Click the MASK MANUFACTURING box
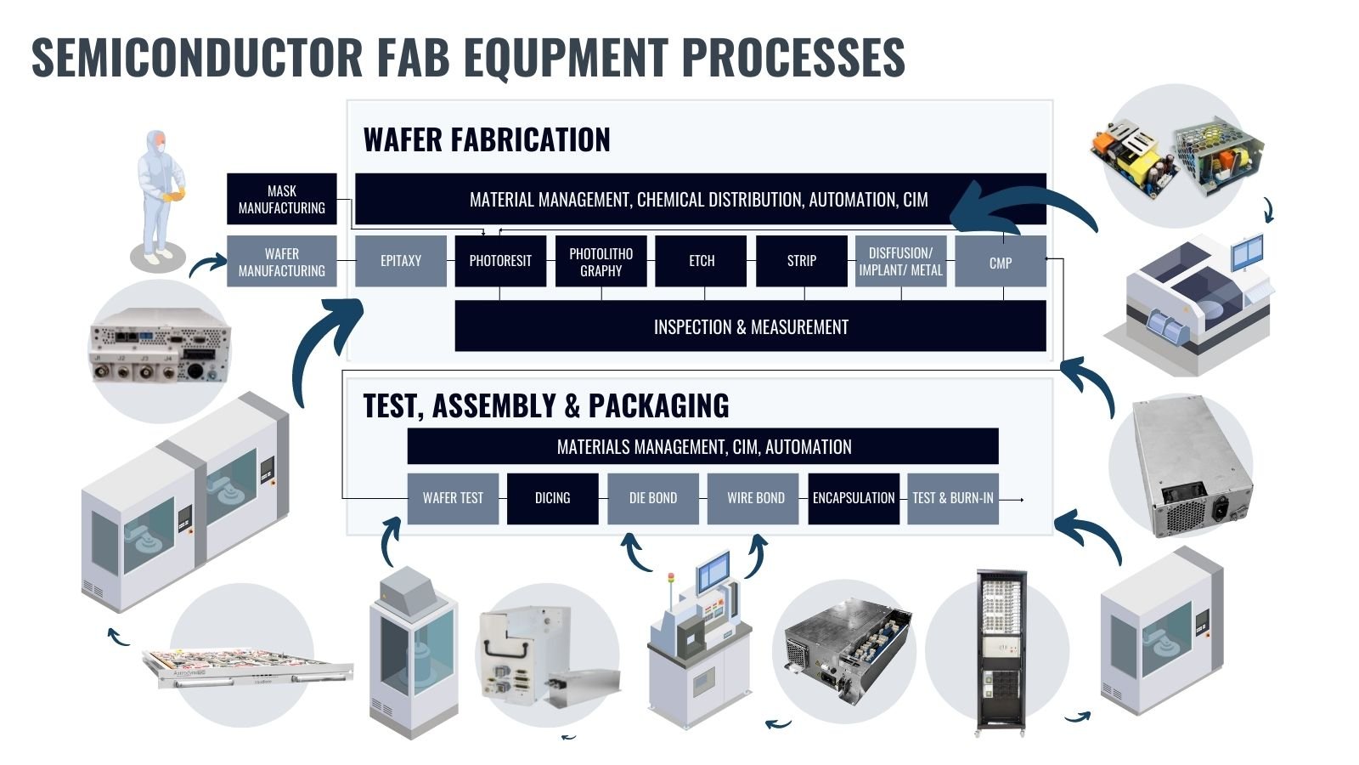[281, 200]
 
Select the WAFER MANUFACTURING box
[281, 262]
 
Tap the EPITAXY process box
[400, 261]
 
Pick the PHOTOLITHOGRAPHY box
[601, 262]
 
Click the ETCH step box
[701, 261]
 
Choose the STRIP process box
[801, 261]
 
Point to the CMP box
[1000, 262]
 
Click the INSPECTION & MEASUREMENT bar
[750, 327]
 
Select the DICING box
[552, 498]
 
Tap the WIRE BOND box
[755, 498]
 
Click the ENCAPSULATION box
[854, 498]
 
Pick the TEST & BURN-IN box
[952, 498]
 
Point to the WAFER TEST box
[453, 498]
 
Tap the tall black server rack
[1001, 650]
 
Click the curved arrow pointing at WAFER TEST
[389, 541]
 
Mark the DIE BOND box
[652, 498]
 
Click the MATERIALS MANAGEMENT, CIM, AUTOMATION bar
[702, 447]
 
